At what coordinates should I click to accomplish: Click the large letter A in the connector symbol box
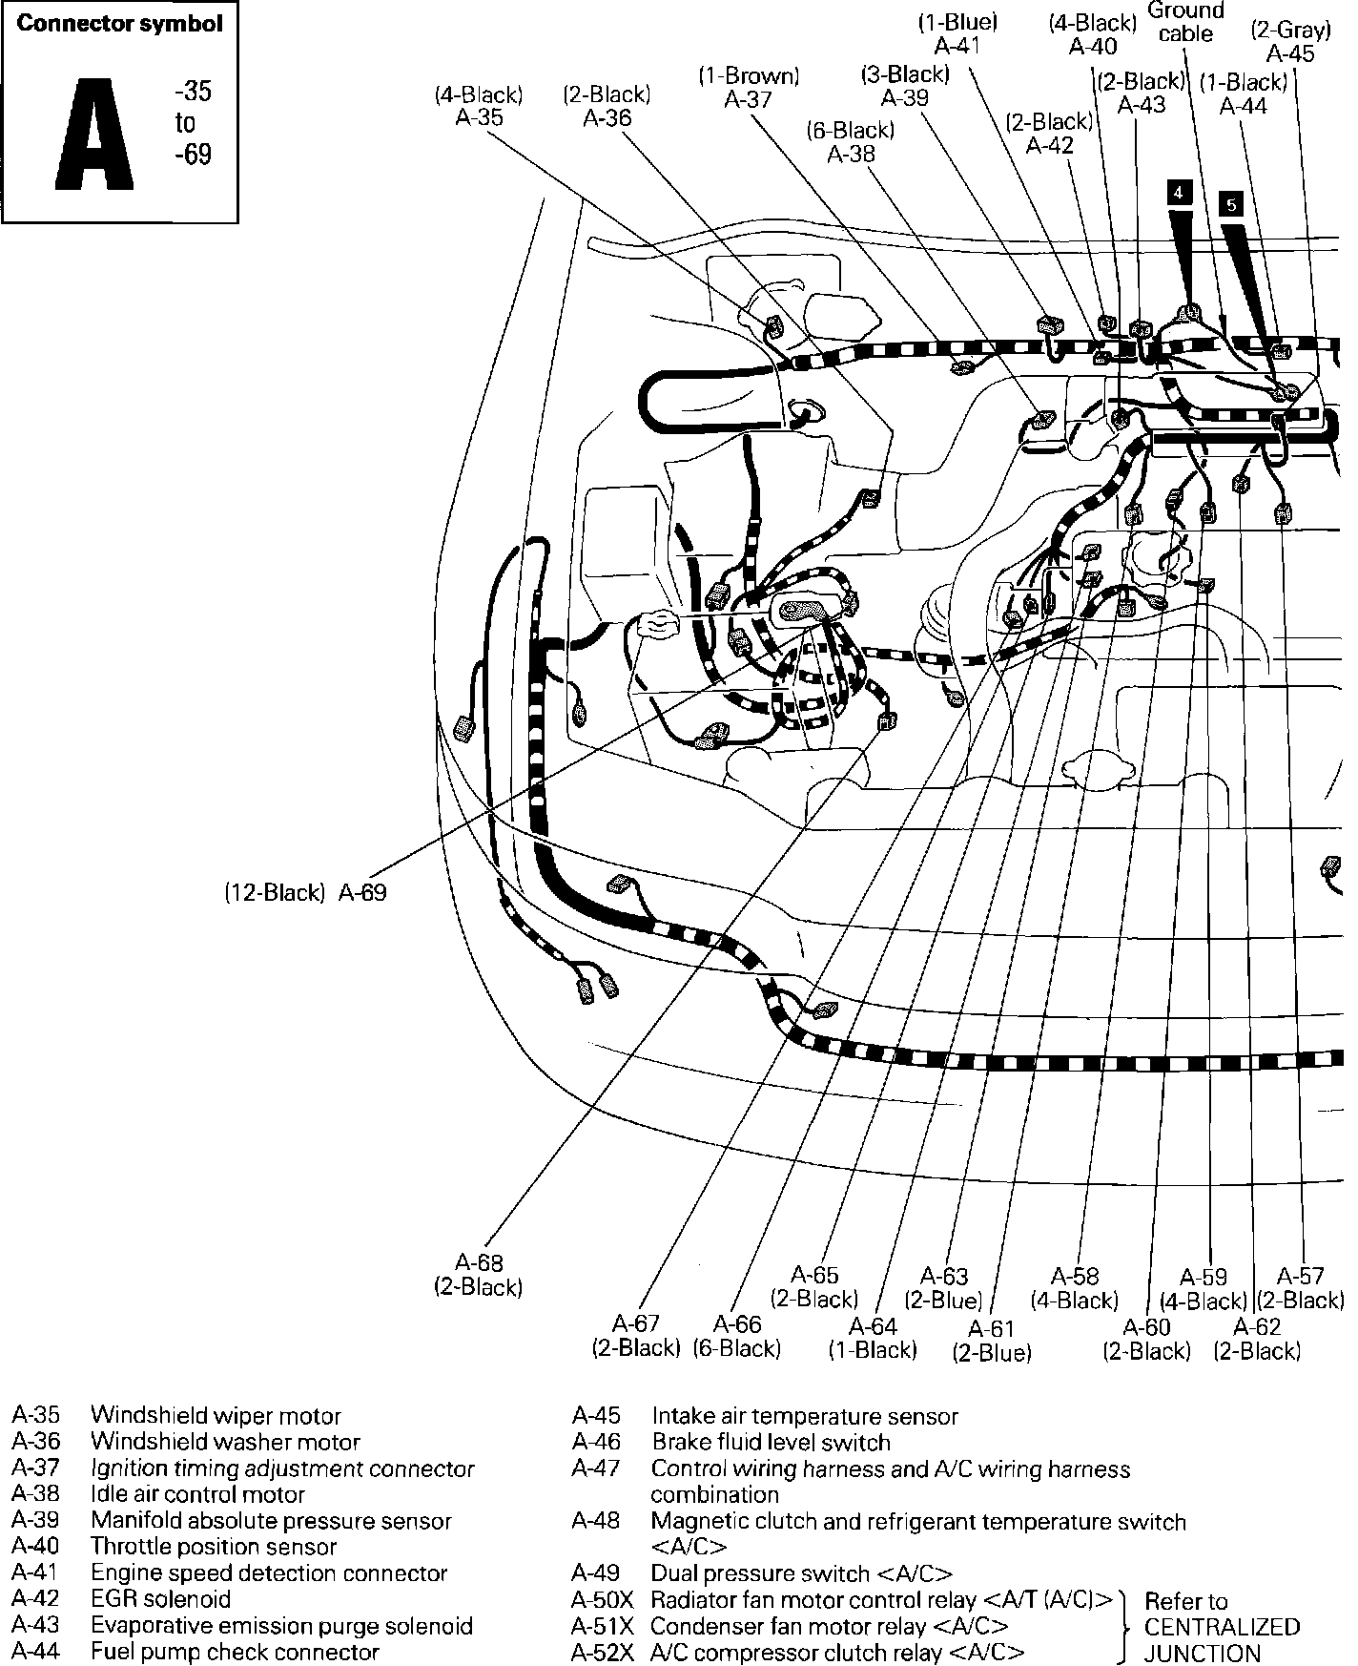coord(94,133)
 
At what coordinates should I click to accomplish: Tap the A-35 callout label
coord(479,106)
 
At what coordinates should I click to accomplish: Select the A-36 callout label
coord(607,106)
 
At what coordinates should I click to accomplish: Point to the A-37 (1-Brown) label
coord(749,88)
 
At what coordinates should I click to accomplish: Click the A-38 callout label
coord(851,141)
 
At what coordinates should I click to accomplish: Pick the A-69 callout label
coord(305,893)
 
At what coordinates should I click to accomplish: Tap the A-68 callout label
coord(479,1275)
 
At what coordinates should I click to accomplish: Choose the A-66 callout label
coord(737,1336)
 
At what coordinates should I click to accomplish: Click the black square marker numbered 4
coord(1179,193)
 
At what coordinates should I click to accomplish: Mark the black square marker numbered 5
coord(1231,204)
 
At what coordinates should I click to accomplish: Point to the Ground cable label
coord(1185,22)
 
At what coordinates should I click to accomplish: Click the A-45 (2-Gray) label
coord(1290,42)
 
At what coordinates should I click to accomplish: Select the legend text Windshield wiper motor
coord(216,1416)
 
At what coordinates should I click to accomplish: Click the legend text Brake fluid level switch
coord(771,1442)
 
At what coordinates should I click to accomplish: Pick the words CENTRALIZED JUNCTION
coord(1223,1640)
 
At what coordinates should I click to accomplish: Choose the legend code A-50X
coord(603,1599)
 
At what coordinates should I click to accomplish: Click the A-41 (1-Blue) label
coord(957,33)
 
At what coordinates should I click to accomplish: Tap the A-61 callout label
coord(992,1340)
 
